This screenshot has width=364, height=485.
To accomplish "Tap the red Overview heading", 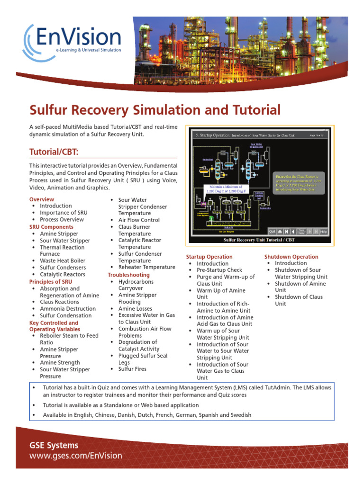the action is click(42, 199).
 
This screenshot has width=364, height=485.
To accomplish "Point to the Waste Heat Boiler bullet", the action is click(63, 260).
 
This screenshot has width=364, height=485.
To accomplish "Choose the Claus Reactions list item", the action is click(59, 302).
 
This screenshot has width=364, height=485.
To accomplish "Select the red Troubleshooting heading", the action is click(128, 275).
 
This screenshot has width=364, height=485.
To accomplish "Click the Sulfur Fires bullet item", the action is click(132, 369).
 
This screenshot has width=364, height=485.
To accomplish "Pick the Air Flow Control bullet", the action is click(139, 220).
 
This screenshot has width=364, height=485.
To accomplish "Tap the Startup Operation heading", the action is click(209, 257).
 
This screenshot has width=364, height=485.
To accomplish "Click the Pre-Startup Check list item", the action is click(219, 270).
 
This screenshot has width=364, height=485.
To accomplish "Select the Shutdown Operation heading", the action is click(291, 257).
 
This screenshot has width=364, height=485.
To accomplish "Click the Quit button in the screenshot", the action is click(272, 232).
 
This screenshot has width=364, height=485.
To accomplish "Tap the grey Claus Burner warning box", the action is click(300, 182).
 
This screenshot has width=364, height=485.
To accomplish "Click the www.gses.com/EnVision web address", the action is click(76, 456).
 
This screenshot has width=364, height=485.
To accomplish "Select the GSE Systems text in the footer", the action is click(54, 445).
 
